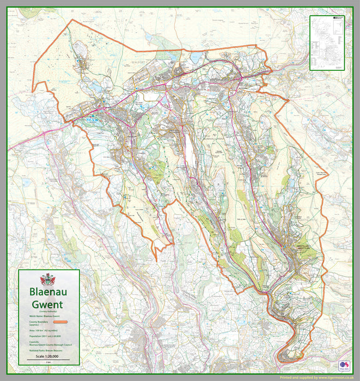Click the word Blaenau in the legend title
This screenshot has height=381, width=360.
coord(48,292)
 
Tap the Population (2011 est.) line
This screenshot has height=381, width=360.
coord(46,337)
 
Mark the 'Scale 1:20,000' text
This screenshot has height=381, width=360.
coord(48,357)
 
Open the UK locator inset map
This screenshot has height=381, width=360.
coord(327,42)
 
